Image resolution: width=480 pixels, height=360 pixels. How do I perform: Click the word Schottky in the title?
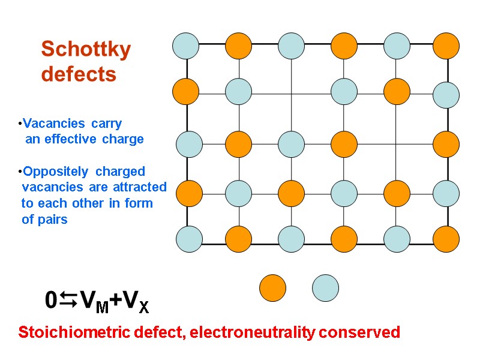click(x=86, y=50)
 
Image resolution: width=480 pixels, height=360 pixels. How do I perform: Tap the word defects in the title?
click(x=78, y=74)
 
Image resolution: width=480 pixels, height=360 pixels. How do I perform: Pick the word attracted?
click(x=139, y=187)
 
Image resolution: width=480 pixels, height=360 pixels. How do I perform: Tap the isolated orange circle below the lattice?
click(x=272, y=287)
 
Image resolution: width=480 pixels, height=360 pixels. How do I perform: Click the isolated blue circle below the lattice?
click(x=325, y=287)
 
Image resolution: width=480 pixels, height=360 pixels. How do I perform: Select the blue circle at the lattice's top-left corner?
click(x=185, y=45)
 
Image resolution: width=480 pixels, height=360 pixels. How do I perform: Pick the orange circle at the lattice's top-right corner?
click(x=446, y=46)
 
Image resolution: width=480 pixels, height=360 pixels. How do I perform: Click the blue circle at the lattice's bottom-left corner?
click(x=189, y=238)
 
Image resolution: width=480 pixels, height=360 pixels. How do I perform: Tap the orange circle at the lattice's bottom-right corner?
click(x=446, y=239)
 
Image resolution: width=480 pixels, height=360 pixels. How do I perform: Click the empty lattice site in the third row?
click(x=396, y=144)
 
